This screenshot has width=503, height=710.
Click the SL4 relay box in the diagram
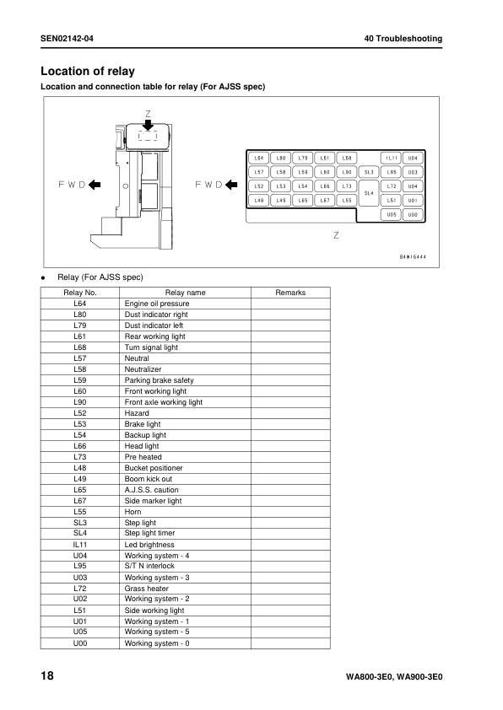coord(368,193)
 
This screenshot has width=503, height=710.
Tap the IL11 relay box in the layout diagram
coord(392,158)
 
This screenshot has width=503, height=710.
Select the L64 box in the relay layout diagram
coord(259,158)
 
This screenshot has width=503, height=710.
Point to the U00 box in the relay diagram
coord(413,215)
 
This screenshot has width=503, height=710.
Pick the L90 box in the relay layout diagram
coord(347,172)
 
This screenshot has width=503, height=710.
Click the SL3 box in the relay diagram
coord(368,172)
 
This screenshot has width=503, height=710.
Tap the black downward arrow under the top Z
coord(148,124)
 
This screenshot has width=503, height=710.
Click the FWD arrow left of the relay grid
coord(230,185)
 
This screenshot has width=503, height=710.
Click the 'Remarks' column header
coord(290,293)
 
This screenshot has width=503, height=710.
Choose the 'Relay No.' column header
coord(81,293)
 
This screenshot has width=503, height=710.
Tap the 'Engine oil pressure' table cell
coord(156,304)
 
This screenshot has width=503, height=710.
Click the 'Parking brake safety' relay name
coord(159,380)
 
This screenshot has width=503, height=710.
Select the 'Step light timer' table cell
coord(150,534)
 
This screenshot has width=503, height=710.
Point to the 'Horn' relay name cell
coord(133,512)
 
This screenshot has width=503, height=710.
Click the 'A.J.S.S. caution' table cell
coord(151,490)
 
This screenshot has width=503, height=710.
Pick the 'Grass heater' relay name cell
coord(146,589)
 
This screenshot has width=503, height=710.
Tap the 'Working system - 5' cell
coord(157,632)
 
